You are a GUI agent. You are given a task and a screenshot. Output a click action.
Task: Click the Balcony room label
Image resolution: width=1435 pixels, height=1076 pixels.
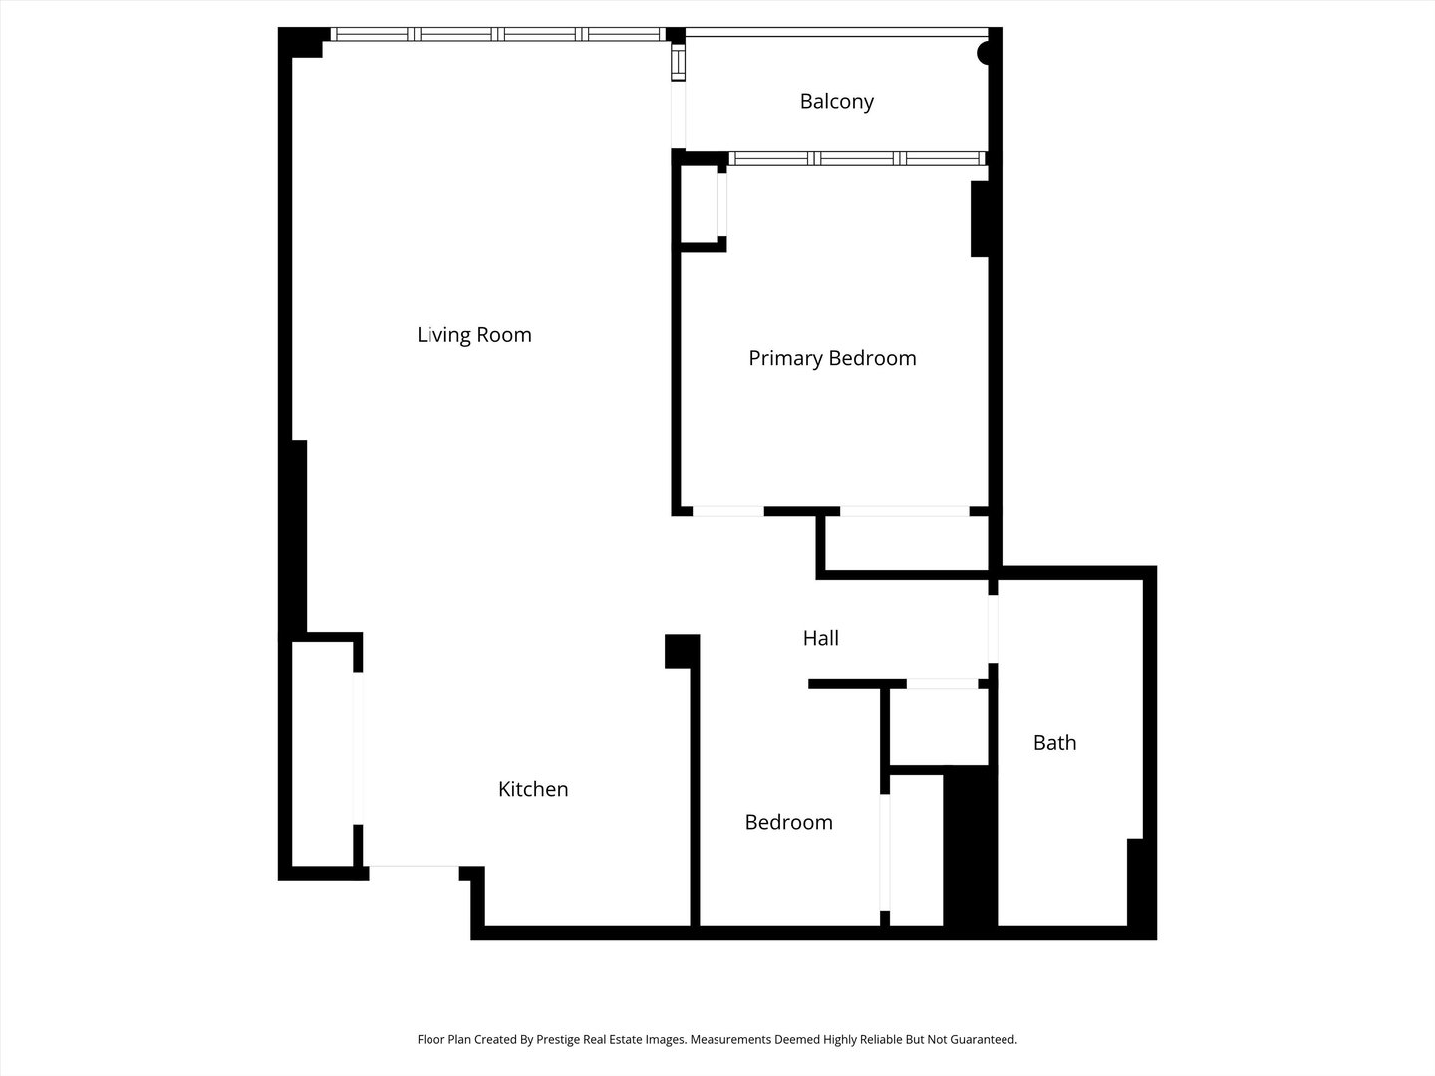click(x=836, y=102)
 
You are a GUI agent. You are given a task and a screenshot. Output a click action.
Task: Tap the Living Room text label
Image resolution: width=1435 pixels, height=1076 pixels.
click(x=474, y=335)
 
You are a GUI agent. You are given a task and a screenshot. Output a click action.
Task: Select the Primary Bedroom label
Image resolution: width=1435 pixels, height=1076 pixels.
click(x=832, y=358)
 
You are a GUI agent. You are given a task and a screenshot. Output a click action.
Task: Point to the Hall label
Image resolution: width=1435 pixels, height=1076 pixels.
click(x=820, y=638)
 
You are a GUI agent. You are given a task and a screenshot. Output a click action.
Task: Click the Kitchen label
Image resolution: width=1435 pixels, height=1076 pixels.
click(x=533, y=789)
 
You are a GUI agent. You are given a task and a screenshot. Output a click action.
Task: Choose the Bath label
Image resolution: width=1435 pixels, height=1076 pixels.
click(x=1054, y=743)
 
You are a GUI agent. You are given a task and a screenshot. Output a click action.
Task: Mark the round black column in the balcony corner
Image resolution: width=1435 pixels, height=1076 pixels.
click(x=984, y=53)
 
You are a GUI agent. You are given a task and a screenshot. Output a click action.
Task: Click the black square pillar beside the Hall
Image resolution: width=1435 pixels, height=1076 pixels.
click(x=682, y=651)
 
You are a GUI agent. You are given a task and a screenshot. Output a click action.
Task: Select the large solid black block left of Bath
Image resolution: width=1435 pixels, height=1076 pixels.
click(x=971, y=846)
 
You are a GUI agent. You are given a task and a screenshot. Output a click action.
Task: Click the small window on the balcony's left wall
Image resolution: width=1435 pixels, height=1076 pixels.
click(x=679, y=63)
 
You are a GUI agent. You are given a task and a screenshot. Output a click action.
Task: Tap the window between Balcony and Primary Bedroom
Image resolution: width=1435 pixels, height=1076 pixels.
click(x=857, y=158)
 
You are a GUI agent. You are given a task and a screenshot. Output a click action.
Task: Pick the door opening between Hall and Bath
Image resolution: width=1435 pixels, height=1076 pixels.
click(x=993, y=629)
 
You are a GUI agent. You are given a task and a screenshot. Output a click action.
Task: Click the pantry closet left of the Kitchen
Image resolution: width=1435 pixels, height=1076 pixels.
click(x=322, y=753)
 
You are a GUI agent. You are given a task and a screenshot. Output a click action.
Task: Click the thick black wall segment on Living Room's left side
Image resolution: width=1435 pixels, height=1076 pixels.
click(x=294, y=536)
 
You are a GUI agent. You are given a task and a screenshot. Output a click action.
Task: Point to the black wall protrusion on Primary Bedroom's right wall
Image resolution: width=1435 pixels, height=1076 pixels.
click(x=980, y=219)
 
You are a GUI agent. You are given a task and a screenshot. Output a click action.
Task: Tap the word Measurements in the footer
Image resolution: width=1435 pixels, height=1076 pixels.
click(x=732, y=1039)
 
